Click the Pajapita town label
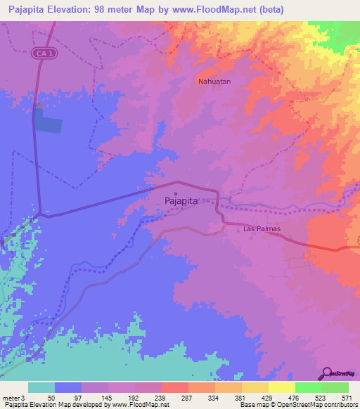(181, 200)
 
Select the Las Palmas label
(262, 229)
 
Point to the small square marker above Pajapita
(175, 193)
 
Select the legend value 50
(52, 397)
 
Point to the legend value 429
(266, 397)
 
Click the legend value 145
(105, 397)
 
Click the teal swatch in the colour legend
(41, 387)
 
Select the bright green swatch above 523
(308, 387)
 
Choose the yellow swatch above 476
(281, 387)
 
